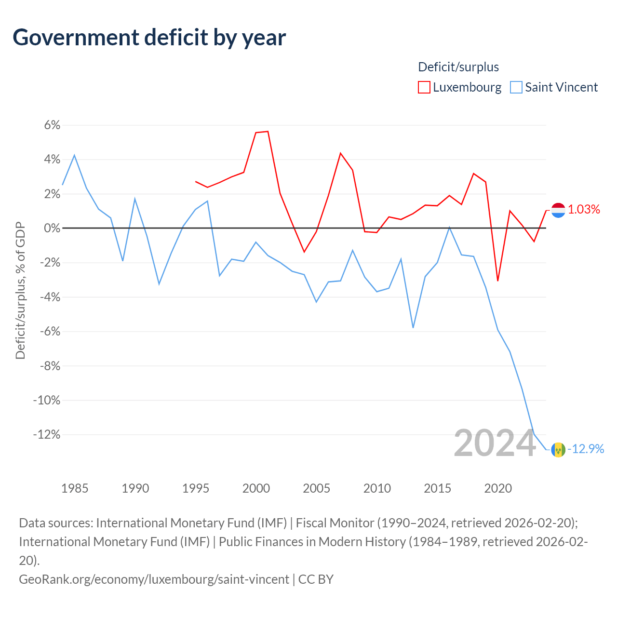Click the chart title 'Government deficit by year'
click(149, 38)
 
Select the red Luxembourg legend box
click(424, 87)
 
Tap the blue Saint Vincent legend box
click(516, 87)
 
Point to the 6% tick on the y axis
click(52, 125)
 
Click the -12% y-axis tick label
click(47, 434)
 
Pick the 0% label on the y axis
click(52, 228)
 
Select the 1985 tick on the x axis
click(75, 488)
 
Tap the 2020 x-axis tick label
click(498, 488)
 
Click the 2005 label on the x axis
click(316, 488)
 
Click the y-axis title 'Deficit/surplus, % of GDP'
click(21, 290)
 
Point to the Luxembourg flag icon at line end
click(558, 210)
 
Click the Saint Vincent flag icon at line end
click(558, 450)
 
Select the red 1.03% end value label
click(584, 209)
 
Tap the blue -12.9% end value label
click(586, 449)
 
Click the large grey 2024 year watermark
click(495, 443)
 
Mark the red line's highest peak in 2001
click(268, 131)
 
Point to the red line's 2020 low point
click(498, 281)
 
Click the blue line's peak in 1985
click(75, 155)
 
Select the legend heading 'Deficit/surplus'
click(458, 67)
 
